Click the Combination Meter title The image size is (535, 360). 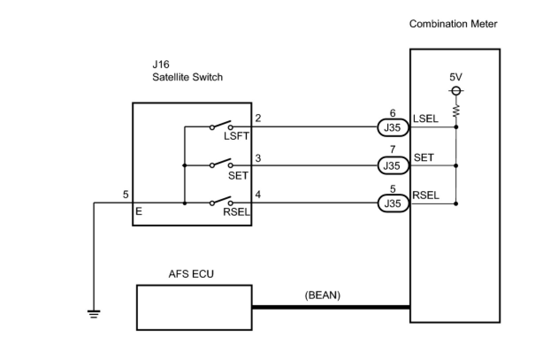pyautogui.click(x=453, y=24)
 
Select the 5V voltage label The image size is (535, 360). pyautogui.click(x=455, y=77)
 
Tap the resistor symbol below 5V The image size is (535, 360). pyautogui.click(x=456, y=110)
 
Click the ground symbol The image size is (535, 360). pyautogui.click(x=94, y=314)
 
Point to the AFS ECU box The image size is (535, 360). pyautogui.click(x=194, y=307)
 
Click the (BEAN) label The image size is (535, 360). pyautogui.click(x=323, y=295)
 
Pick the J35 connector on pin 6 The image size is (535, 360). pyautogui.click(x=392, y=128)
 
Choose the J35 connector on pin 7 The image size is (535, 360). pyautogui.click(x=392, y=165)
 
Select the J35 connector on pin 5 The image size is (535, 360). pyautogui.click(x=392, y=203)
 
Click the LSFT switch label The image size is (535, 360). pyautogui.click(x=237, y=136)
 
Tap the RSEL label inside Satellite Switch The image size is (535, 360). pyautogui.click(x=237, y=212)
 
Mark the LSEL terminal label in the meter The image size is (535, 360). pyautogui.click(x=425, y=119)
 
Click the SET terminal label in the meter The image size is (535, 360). pyautogui.click(x=424, y=157)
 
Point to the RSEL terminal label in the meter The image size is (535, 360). pyautogui.click(x=426, y=195)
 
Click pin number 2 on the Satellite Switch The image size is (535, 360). pyautogui.click(x=258, y=119)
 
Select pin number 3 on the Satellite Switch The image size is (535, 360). pyautogui.click(x=258, y=158)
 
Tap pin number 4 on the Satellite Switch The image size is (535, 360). pyautogui.click(x=258, y=195)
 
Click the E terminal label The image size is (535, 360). pyautogui.click(x=139, y=212)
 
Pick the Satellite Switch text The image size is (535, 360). pyautogui.click(x=187, y=77)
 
